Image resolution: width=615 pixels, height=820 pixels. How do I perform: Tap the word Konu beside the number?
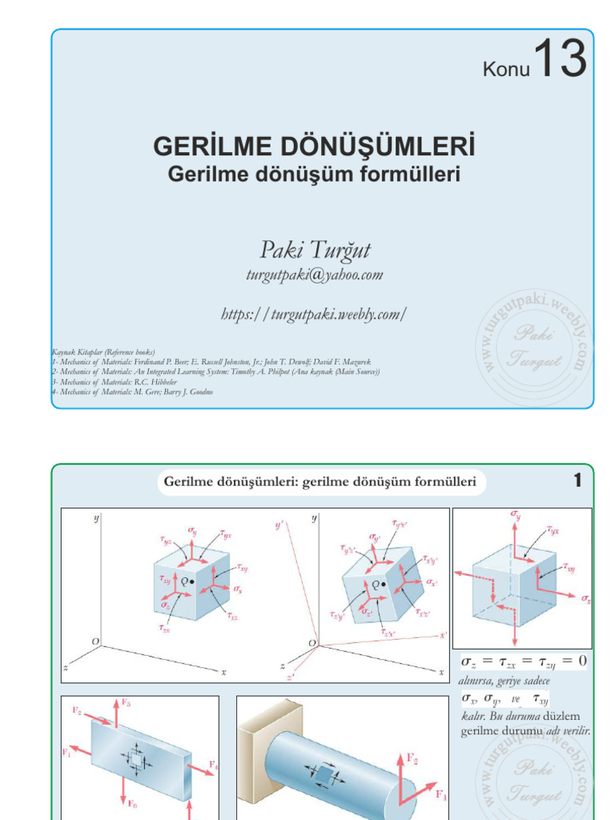507,71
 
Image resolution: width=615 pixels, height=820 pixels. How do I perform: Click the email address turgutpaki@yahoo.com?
314,275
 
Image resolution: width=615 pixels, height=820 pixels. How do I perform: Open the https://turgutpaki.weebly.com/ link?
314,314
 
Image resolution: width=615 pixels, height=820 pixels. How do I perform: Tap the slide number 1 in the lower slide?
577,481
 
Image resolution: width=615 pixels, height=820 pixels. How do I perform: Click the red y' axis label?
279,525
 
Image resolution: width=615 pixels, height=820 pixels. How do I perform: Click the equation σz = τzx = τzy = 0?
524,661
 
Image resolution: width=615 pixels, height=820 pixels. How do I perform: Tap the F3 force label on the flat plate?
127,702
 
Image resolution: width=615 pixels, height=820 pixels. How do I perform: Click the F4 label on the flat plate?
213,766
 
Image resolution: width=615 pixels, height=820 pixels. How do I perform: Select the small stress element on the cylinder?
324,774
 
